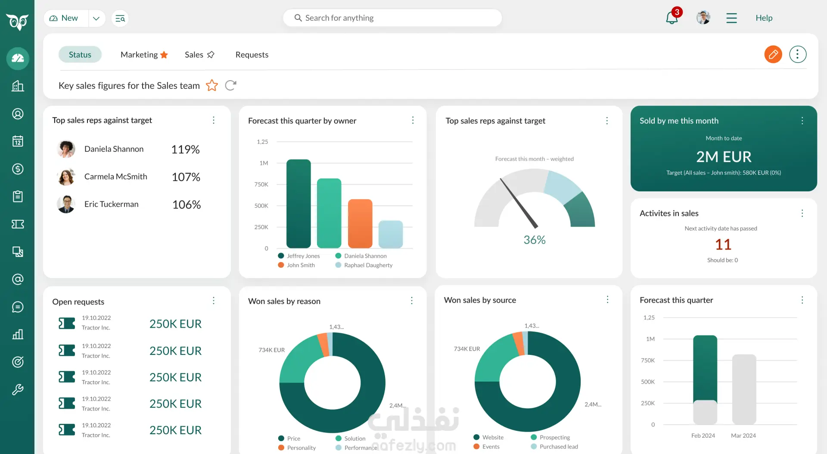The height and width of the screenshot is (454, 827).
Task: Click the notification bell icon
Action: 672,18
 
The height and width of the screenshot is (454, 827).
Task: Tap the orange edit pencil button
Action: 773,54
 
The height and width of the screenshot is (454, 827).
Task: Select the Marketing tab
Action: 144,55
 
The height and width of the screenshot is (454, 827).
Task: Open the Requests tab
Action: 252,55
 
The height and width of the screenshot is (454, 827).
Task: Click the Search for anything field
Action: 392,18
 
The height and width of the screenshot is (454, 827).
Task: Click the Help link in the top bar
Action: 764,18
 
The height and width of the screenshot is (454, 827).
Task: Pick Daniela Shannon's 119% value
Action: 186,149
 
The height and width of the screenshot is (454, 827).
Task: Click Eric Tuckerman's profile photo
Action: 66,204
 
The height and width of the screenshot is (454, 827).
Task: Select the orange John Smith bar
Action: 360,223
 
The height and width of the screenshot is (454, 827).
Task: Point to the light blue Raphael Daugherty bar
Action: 391,234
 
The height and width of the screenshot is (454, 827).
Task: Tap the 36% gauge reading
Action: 535,240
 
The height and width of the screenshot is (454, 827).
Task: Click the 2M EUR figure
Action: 724,157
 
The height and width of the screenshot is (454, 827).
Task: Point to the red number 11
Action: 723,244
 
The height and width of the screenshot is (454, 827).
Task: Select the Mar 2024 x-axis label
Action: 743,435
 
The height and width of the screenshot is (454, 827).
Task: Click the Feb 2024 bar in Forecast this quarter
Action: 705,379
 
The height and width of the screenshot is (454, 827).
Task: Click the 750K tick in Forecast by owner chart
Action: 261,184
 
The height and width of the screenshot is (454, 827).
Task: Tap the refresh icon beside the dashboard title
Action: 230,85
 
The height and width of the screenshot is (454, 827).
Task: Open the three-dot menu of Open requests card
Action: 214,301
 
